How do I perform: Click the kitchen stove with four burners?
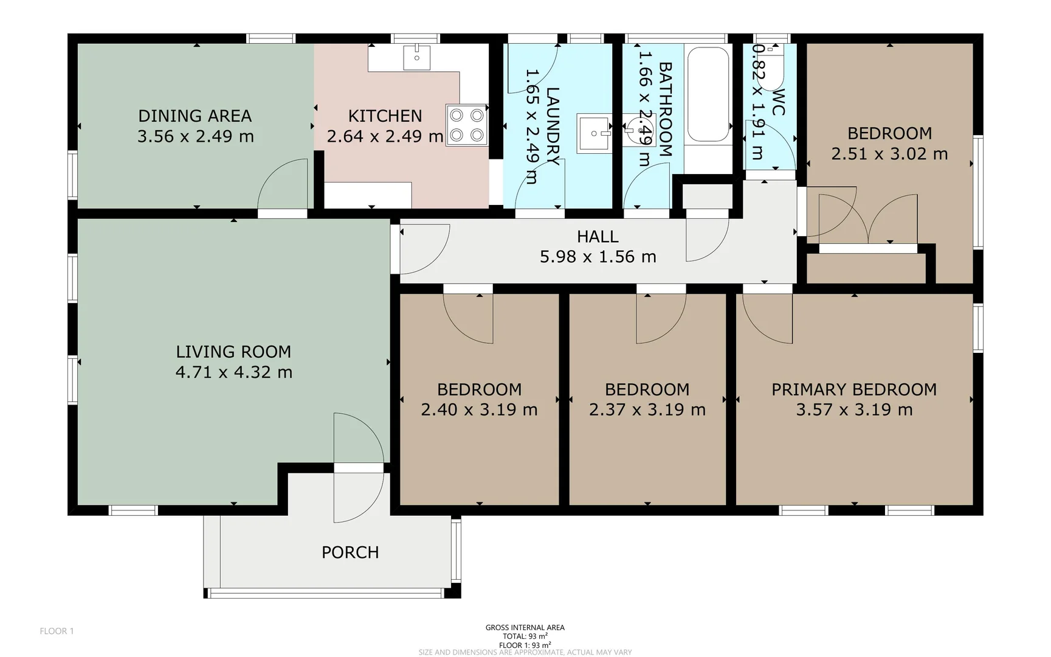(467, 125)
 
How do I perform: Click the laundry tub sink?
(594, 134)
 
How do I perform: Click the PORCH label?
(350, 552)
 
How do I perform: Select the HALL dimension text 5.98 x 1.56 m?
(598, 257)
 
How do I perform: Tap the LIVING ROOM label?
(233, 352)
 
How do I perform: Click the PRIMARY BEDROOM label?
(854, 389)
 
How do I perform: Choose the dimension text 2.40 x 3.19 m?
(479, 409)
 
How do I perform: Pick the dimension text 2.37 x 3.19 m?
(647, 409)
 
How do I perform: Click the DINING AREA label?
(195, 116)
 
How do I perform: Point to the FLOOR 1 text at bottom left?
(57, 631)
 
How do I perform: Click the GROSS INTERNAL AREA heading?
(525, 627)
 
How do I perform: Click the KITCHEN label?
(385, 116)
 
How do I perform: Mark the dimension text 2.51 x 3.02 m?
(889, 154)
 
